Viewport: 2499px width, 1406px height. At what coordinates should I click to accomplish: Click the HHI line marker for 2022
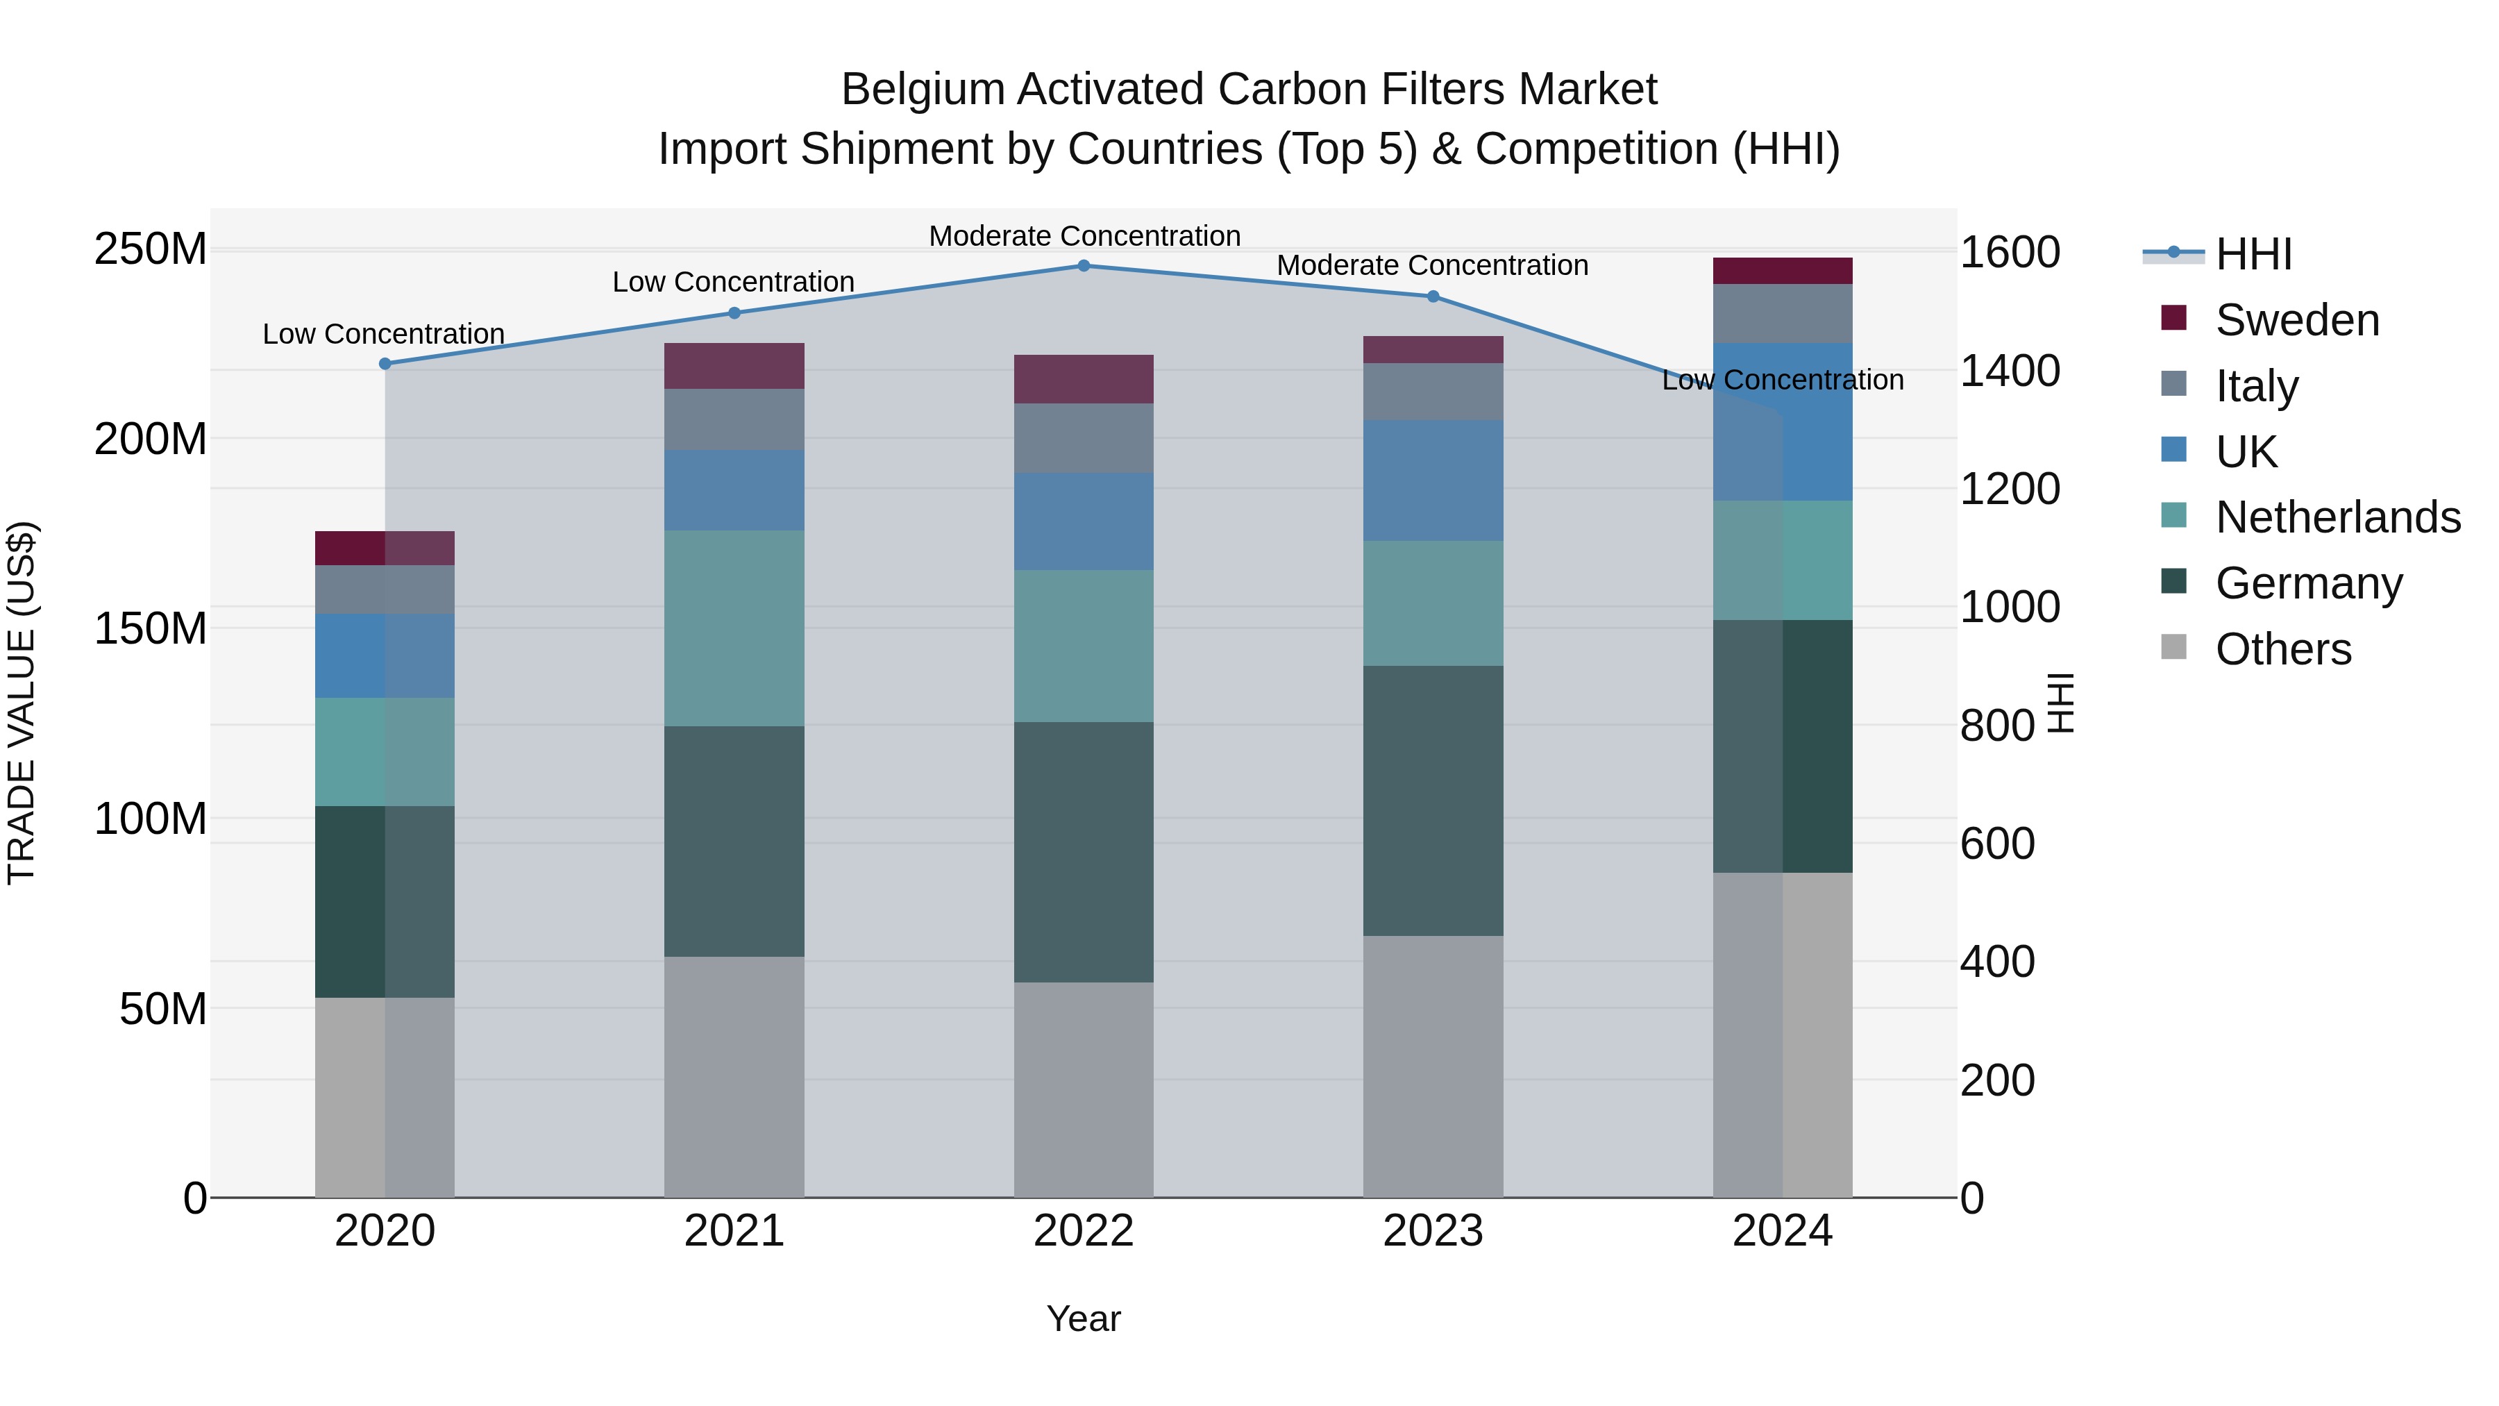pyautogui.click(x=1084, y=266)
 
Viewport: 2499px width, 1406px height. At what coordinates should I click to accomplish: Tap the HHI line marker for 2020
pyautogui.click(x=385, y=364)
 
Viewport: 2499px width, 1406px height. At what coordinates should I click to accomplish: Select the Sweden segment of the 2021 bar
pyautogui.click(x=734, y=366)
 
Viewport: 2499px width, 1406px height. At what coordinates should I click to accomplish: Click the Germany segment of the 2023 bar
pyautogui.click(x=1433, y=801)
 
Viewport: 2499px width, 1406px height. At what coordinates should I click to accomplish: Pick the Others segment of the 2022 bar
pyautogui.click(x=1084, y=1089)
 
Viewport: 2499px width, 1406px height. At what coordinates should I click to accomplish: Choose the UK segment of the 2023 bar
pyautogui.click(x=1433, y=480)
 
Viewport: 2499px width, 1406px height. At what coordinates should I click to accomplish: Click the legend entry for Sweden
pyautogui.click(x=2296, y=320)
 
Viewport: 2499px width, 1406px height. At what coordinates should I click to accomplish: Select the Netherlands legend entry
pyautogui.click(x=2337, y=517)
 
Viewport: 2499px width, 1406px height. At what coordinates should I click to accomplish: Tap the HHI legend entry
pyautogui.click(x=2253, y=254)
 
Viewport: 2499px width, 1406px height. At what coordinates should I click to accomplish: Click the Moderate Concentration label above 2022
pyautogui.click(x=1084, y=236)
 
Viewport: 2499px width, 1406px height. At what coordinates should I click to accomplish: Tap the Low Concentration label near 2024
pyautogui.click(x=1782, y=380)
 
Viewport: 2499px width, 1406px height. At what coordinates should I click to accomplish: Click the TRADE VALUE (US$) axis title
pyautogui.click(x=22, y=703)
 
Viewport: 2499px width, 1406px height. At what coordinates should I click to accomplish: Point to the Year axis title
pyautogui.click(x=1084, y=1319)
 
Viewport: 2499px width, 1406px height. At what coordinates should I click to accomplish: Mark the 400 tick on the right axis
pyautogui.click(x=1996, y=962)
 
